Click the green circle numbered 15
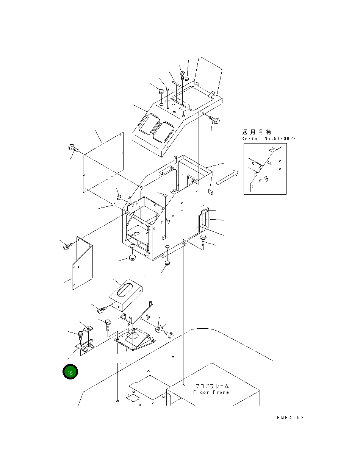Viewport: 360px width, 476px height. pos(70,372)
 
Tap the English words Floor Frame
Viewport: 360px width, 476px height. pos(211,393)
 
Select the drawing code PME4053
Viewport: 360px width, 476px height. pos(290,418)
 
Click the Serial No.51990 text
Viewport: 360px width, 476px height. pos(269,139)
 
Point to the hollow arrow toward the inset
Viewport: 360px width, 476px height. pos(227,178)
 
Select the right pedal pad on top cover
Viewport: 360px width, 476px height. pos(164,132)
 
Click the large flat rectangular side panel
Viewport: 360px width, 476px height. pos(103,163)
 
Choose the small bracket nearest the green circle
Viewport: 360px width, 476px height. pos(85,346)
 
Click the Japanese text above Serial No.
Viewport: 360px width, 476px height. pos(257,132)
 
